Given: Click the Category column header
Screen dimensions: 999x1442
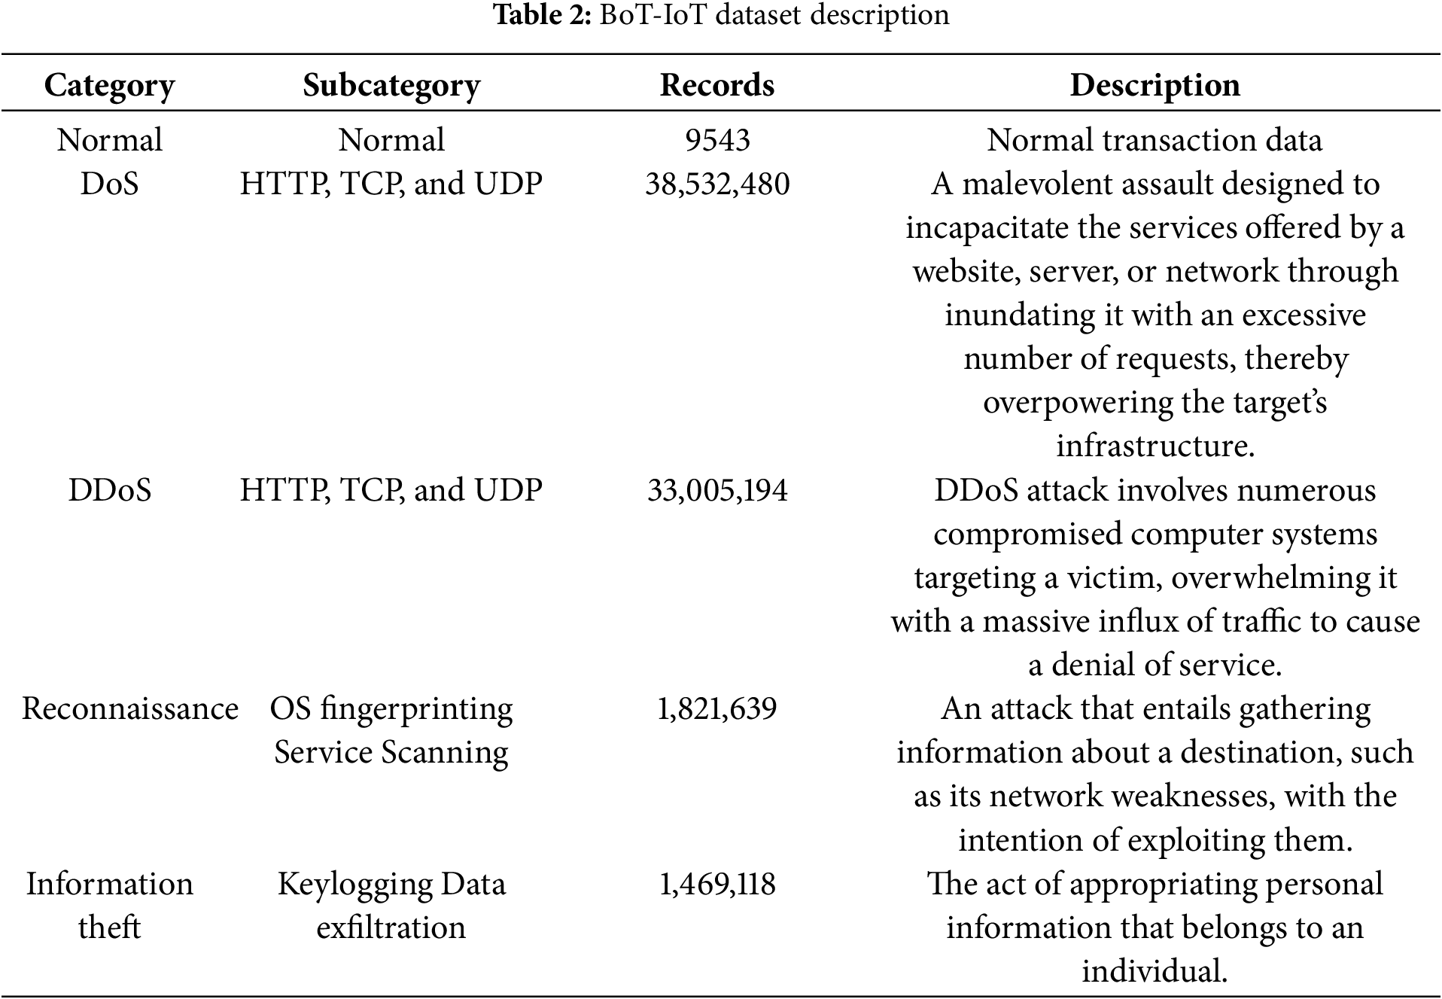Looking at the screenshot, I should (109, 85).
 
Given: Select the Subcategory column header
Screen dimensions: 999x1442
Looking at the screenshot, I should (391, 85).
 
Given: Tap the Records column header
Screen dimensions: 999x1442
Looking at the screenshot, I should (716, 85).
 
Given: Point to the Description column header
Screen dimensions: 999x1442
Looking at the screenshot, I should (1155, 85).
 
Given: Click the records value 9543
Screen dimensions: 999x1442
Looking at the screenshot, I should (717, 140).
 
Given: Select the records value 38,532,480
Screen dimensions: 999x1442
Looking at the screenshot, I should (717, 184).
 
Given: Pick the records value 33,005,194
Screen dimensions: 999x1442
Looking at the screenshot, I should (717, 490).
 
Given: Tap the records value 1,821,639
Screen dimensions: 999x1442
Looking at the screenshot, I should (717, 708).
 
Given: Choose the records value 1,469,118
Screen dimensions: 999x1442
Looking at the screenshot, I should (717, 884).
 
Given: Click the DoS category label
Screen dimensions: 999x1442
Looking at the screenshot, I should (109, 184).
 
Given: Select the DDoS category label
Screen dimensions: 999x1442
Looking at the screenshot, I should (109, 490).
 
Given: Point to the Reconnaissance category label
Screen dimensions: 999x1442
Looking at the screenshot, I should (129, 708).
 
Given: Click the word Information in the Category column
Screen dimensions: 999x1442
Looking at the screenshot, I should (109, 884).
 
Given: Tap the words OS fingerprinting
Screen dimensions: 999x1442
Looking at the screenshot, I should (391, 708).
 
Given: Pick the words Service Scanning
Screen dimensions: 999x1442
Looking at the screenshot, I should (391, 752).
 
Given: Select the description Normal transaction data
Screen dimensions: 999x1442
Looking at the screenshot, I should (1155, 140).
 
